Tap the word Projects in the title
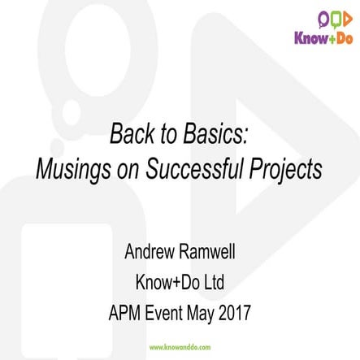[288, 169]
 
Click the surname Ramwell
[214, 251]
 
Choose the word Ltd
[212, 282]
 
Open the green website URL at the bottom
[180, 347]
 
